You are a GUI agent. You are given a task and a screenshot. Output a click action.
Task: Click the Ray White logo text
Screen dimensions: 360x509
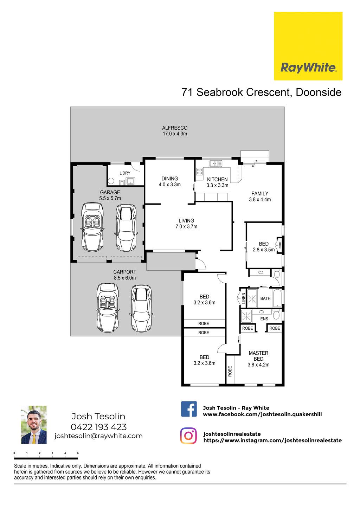(308, 68)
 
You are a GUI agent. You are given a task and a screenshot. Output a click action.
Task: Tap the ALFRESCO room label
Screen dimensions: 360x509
(174, 128)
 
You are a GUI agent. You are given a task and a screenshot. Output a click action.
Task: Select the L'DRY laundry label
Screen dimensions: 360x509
(125, 173)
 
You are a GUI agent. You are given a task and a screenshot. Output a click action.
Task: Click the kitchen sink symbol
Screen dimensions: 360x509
(216, 163)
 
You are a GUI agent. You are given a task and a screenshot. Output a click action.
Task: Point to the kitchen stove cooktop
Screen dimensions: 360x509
(199, 171)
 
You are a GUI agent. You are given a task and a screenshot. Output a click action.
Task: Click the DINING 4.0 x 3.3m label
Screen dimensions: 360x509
(169, 181)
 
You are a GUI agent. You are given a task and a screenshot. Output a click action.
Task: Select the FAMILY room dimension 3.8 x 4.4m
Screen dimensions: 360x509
(260, 200)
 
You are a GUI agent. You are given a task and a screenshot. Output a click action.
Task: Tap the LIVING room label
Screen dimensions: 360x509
(186, 220)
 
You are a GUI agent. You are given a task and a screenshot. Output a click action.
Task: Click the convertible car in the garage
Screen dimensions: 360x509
(92, 227)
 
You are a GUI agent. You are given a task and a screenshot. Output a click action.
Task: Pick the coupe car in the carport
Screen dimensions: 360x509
(141, 308)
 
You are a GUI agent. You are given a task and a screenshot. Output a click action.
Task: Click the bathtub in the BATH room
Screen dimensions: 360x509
(277, 298)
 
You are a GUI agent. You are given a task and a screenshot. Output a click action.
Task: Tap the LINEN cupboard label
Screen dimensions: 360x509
(243, 298)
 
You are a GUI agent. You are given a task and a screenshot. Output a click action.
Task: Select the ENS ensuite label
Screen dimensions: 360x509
(264, 319)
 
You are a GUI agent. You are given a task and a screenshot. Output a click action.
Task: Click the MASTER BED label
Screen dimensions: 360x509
(258, 356)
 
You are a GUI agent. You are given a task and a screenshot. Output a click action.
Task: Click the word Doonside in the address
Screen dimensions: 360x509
(319, 92)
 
